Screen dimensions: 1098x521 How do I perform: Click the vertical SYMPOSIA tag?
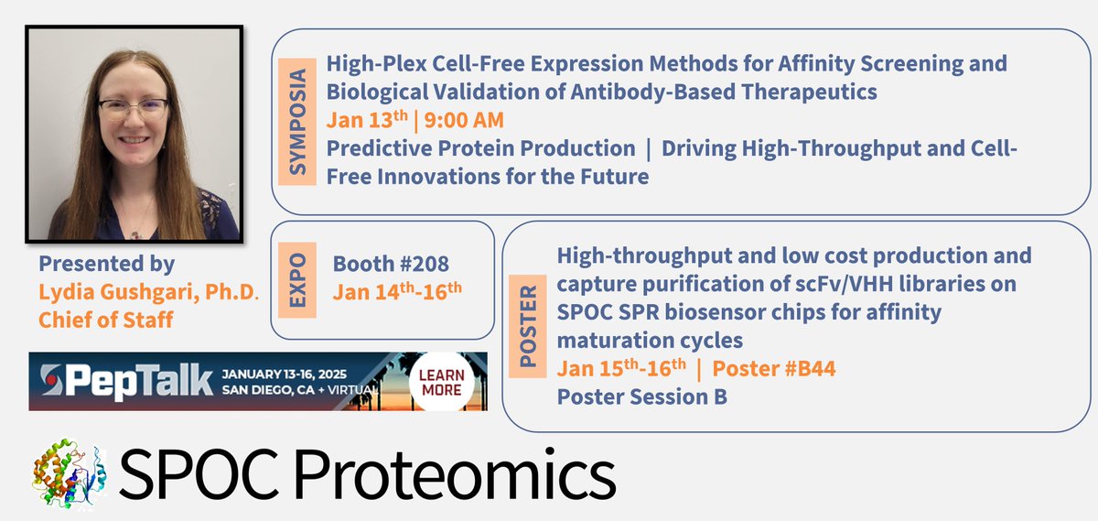[x=297, y=122]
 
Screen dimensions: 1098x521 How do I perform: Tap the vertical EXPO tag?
[x=297, y=280]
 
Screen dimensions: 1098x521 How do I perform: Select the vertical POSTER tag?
[x=527, y=326]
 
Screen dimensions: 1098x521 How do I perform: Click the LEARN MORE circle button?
[x=442, y=382]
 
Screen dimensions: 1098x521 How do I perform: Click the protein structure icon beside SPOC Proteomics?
[x=70, y=472]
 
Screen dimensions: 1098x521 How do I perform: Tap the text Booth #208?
[x=391, y=264]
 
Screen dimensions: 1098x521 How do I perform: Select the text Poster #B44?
[x=773, y=368]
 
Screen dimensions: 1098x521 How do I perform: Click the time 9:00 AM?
[x=464, y=120]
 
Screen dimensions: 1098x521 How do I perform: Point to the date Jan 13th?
[x=367, y=119]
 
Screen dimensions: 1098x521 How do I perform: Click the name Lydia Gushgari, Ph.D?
[x=148, y=292]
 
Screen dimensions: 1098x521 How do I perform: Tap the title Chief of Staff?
[x=106, y=320]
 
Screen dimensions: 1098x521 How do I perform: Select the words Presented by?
[x=107, y=264]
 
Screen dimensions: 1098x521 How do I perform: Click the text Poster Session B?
[x=642, y=396]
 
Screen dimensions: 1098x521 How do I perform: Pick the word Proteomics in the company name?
[x=455, y=474]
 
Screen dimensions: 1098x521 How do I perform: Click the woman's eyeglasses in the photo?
[x=133, y=109]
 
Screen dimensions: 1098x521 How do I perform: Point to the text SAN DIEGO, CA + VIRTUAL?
[x=300, y=390]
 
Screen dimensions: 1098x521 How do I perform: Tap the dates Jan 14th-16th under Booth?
[x=397, y=291]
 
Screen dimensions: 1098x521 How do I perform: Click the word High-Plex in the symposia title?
[x=376, y=64]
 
